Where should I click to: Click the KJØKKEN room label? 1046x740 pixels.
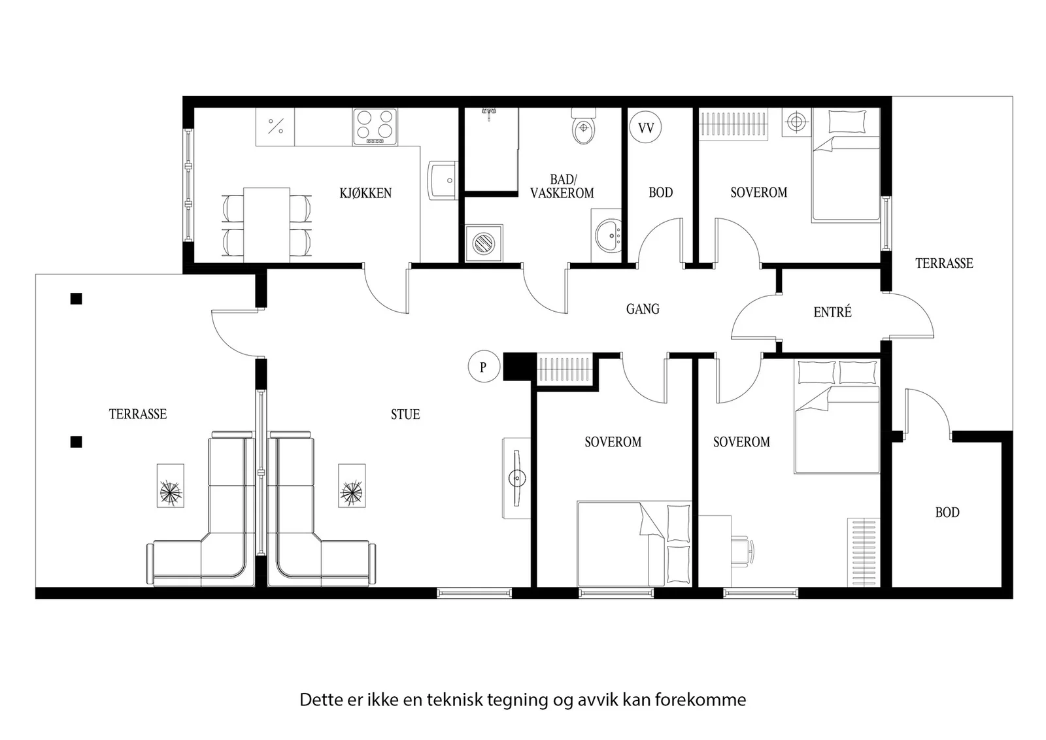(365, 193)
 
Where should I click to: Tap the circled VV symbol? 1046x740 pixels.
(645, 127)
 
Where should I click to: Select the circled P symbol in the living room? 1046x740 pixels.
(484, 367)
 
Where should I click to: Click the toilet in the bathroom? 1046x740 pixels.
(584, 126)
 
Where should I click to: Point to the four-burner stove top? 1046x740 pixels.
(375, 127)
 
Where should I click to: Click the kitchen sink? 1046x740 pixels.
(443, 180)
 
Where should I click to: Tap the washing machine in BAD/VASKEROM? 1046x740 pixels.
(484, 243)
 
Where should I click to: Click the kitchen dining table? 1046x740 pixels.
(267, 225)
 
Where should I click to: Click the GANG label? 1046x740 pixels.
(643, 309)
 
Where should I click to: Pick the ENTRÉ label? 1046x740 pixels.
(832, 311)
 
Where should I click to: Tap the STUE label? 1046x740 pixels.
(405, 414)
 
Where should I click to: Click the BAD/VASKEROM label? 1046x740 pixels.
(562, 186)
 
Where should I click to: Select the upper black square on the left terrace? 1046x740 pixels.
(76, 298)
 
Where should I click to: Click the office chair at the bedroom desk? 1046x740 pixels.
(742, 551)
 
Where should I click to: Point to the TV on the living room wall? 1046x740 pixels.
(517, 478)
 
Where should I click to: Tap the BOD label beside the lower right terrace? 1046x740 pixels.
(947, 512)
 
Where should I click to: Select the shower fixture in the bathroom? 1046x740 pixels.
(490, 113)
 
